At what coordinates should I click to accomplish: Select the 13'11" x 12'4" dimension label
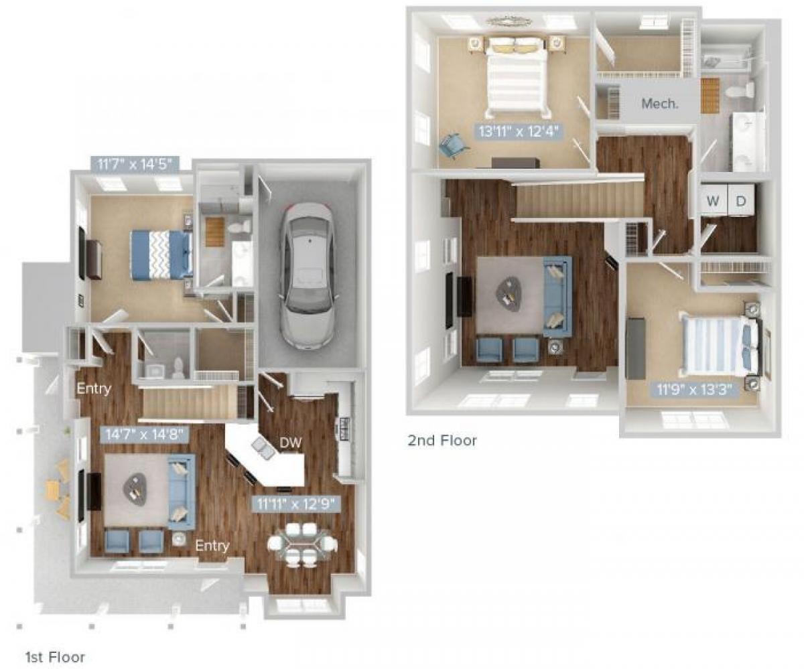[x=520, y=130]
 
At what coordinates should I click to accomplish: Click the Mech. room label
[x=659, y=104]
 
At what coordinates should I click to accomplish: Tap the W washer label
[x=713, y=201]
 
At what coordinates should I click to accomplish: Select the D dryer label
[x=741, y=201]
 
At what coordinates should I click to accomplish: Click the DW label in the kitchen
[x=291, y=443]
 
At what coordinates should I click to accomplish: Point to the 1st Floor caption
[x=55, y=657]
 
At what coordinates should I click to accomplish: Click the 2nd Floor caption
[x=442, y=440]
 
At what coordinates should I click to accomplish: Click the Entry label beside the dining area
[x=212, y=546]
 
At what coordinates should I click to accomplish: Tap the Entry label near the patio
[x=93, y=389]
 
